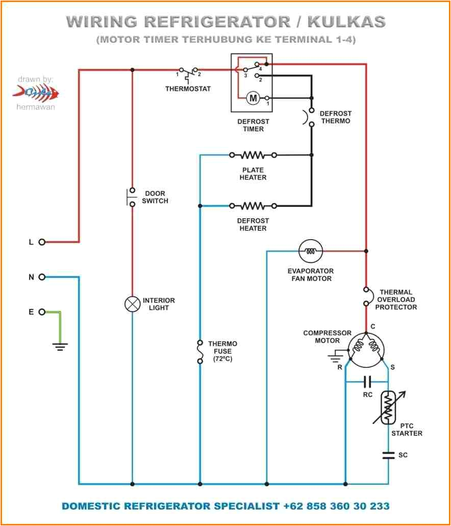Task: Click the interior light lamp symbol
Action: point(132,304)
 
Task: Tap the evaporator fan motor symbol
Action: point(310,251)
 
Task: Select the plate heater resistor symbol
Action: point(253,154)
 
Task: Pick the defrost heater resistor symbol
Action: point(253,206)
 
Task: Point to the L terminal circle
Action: point(42,242)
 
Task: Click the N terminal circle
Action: point(42,277)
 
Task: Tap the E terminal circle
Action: point(42,312)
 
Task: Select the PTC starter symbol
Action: point(389,407)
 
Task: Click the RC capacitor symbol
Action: point(367,381)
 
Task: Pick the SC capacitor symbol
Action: point(388,455)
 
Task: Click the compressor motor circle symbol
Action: point(366,351)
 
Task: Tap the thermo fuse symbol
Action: point(199,352)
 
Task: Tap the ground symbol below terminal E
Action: point(60,347)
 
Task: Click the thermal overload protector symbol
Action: point(366,296)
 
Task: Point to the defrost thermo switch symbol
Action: point(310,117)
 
